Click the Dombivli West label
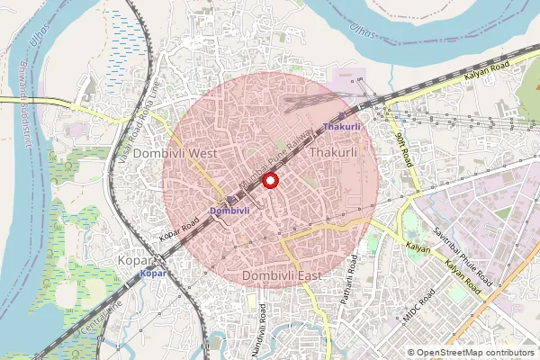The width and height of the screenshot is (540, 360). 175,154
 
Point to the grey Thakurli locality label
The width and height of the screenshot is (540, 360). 333,154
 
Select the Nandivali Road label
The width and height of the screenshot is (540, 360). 263,326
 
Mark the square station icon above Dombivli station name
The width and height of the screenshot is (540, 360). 231,199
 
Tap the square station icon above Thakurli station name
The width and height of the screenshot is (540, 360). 343,117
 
